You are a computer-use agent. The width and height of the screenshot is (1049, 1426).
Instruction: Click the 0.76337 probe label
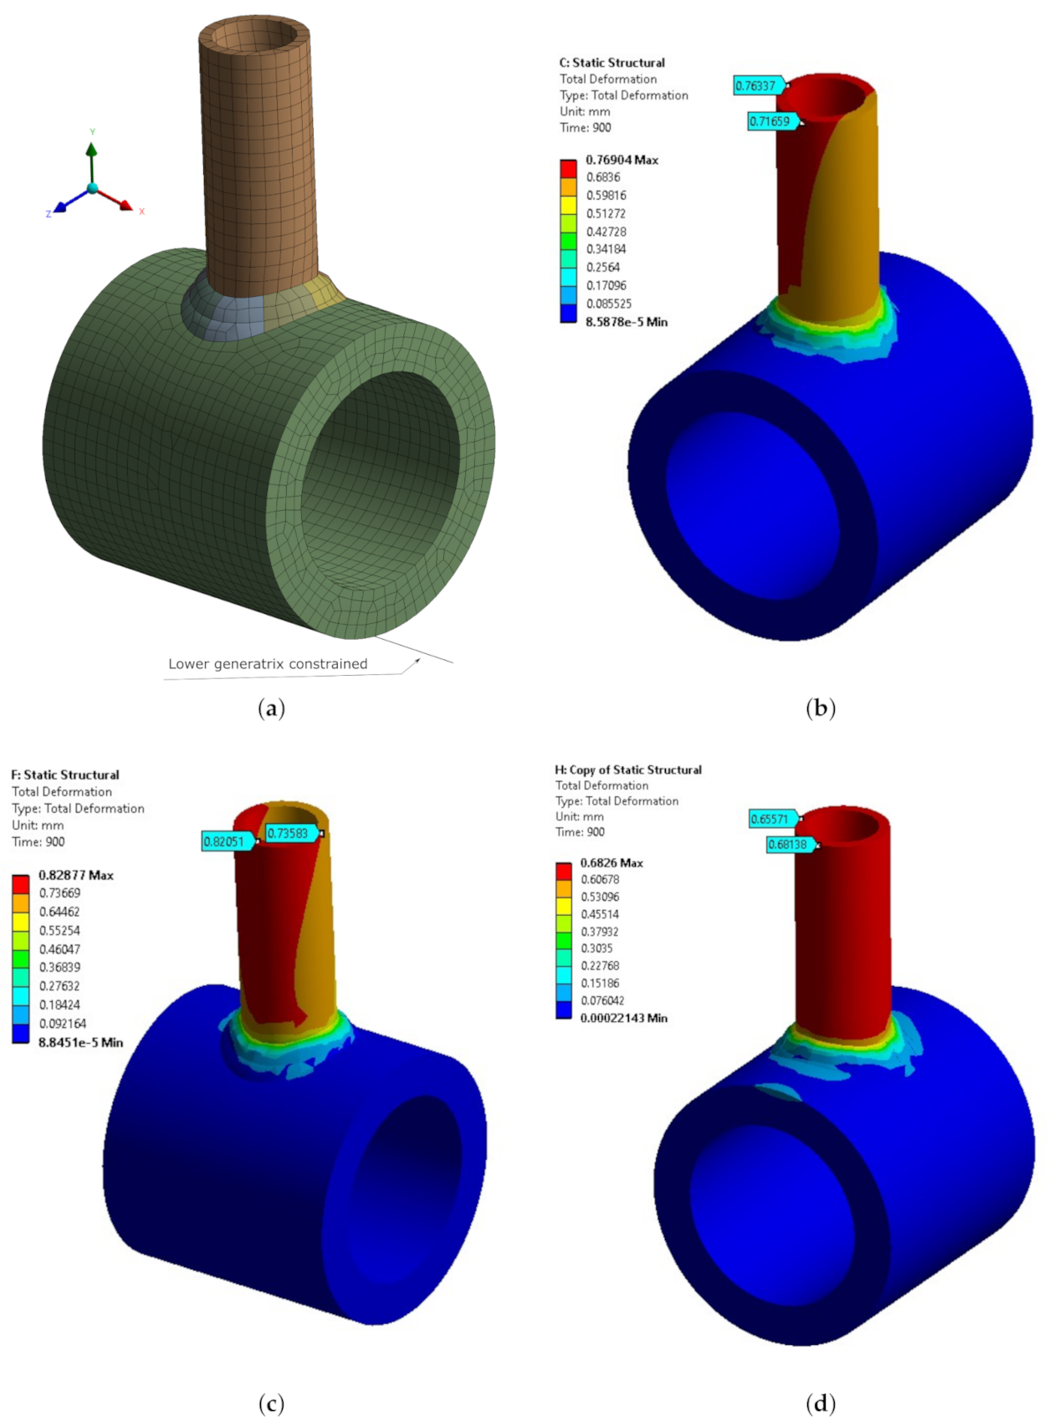point(756,85)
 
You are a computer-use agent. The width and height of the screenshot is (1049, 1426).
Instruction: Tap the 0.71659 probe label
point(770,121)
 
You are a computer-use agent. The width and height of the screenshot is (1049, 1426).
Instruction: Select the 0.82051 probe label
point(224,841)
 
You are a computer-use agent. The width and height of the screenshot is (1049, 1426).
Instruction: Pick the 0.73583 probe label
point(288,833)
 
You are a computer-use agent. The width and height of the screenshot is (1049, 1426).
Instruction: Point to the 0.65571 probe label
point(770,819)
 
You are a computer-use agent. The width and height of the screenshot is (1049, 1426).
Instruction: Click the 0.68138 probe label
point(788,844)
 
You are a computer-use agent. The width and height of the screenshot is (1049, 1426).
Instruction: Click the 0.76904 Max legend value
point(622,160)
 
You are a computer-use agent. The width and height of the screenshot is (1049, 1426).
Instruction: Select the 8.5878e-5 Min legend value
point(626,322)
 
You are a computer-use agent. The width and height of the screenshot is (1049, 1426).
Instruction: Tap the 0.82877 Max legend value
point(75,875)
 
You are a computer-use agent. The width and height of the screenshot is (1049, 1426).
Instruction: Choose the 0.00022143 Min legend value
point(623,1018)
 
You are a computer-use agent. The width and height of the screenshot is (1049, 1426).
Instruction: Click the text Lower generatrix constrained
point(268,663)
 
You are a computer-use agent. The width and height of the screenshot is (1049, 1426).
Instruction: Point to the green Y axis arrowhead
point(91,149)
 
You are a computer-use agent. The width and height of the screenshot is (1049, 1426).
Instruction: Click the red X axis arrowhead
point(126,205)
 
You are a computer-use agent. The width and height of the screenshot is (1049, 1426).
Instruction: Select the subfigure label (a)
point(272,708)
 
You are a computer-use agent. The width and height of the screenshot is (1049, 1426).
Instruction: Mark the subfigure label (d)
point(820,1403)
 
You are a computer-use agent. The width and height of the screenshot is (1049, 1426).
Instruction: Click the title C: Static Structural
point(611,63)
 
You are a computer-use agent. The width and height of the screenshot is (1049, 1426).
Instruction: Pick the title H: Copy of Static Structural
point(628,769)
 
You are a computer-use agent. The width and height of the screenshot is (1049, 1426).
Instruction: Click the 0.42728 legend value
point(606,232)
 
